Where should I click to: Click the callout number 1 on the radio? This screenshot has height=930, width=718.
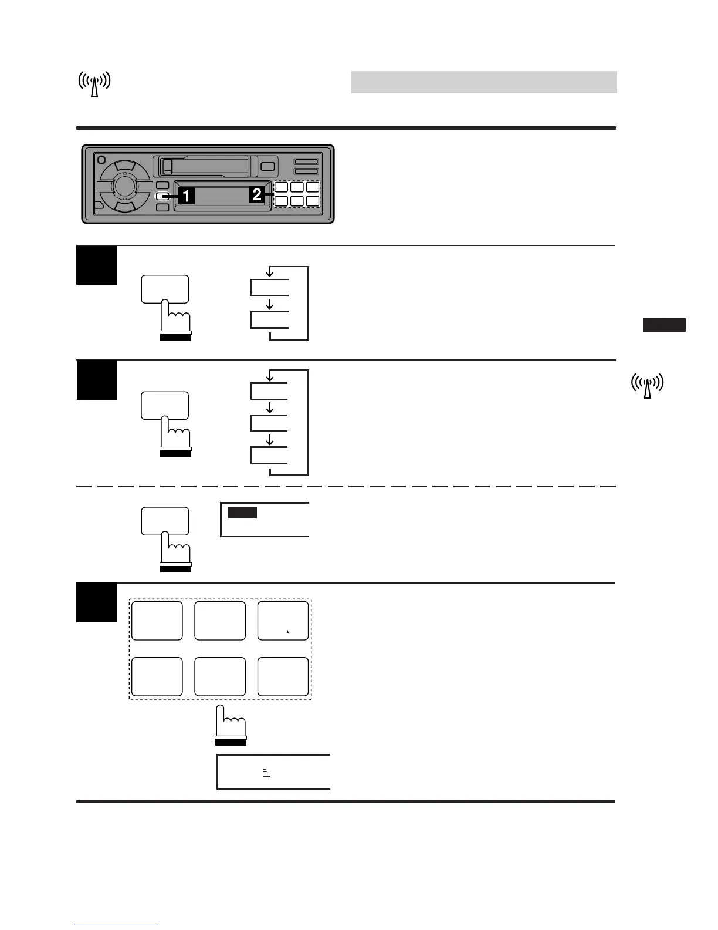tap(186, 196)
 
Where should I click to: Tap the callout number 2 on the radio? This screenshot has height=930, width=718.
tap(257, 194)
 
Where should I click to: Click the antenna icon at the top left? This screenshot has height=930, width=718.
tap(94, 84)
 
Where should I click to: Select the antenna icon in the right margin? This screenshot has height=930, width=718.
tap(647, 385)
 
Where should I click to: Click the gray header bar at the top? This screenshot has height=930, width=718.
tap(484, 82)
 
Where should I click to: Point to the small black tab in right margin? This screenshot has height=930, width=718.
tap(664, 325)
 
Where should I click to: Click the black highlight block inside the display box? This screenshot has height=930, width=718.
tap(242, 513)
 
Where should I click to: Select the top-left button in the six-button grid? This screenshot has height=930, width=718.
tap(157, 621)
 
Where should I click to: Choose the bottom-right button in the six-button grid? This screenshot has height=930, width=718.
tap(283, 676)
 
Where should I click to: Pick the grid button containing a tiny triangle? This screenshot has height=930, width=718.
tap(283, 621)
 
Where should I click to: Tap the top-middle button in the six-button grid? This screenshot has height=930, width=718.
tap(220, 621)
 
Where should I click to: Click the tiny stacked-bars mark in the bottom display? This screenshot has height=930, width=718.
tap(266, 773)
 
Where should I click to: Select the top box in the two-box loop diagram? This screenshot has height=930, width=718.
tap(270, 288)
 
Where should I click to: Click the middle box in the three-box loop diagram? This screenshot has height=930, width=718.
tap(269, 423)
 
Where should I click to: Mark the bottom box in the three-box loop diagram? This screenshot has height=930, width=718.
tap(269, 455)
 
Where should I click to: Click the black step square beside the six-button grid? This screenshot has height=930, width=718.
tap(97, 603)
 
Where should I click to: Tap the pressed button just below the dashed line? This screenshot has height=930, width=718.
tap(165, 521)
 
